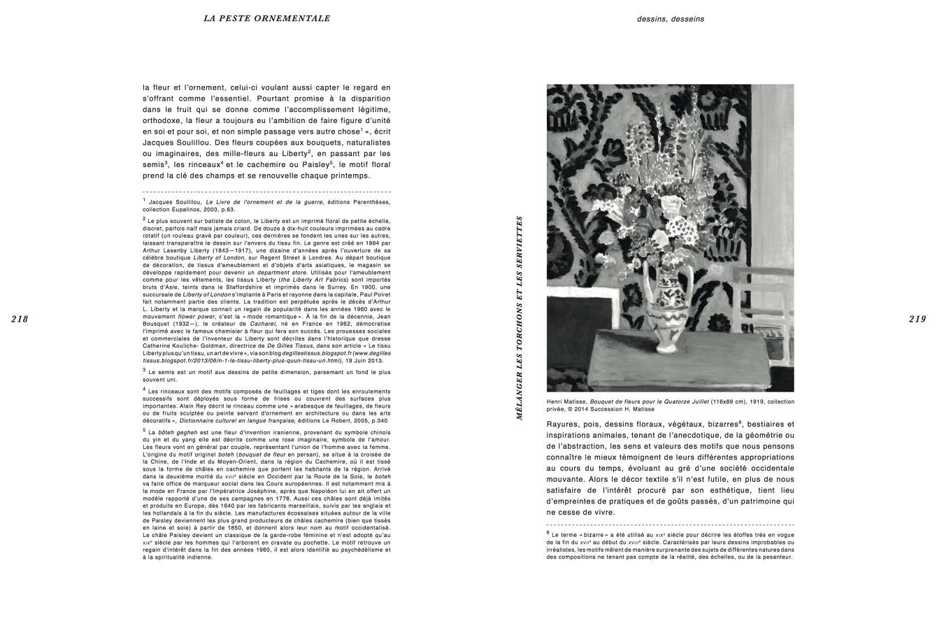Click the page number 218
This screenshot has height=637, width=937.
click(20, 320)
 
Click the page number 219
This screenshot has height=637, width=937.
click(917, 320)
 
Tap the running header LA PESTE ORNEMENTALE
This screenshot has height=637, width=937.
click(267, 18)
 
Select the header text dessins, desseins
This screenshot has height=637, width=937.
click(670, 19)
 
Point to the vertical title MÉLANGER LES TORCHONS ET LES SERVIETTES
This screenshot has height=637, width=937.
click(520, 317)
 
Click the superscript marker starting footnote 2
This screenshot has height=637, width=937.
click(144, 219)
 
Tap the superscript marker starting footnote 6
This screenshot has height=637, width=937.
click(548, 532)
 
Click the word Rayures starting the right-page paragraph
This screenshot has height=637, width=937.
click(564, 424)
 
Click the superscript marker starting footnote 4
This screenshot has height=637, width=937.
click(144, 389)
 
